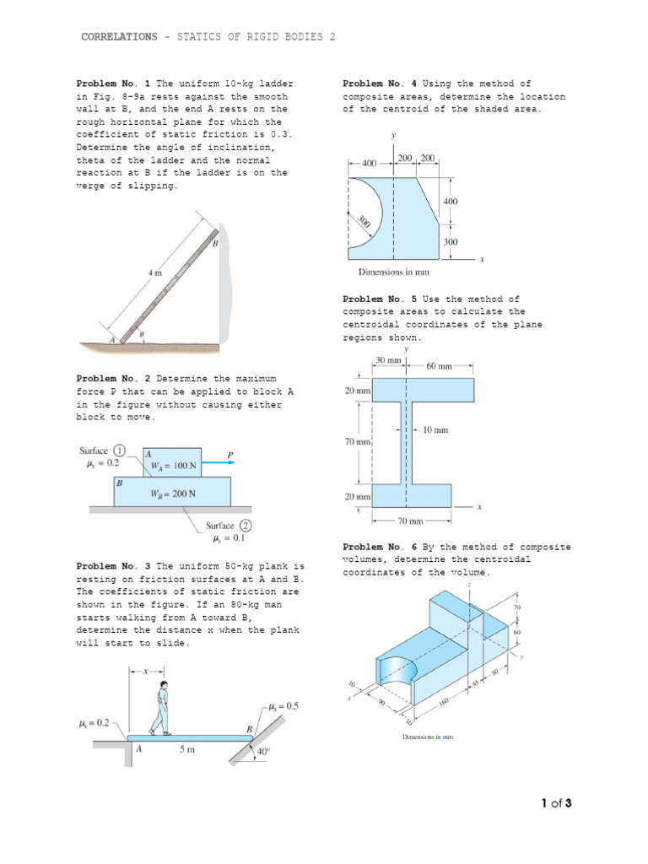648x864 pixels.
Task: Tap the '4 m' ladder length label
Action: (x=155, y=273)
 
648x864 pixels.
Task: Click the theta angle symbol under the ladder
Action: (x=142, y=334)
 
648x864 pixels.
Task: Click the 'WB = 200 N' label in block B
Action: (x=173, y=494)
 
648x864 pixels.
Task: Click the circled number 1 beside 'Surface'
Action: (x=120, y=451)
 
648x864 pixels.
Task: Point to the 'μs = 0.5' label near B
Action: (x=285, y=706)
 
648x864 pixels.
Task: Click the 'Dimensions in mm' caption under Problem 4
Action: (x=394, y=272)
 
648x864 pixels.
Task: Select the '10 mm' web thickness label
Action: (x=435, y=430)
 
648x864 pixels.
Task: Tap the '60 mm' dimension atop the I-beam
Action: (x=440, y=366)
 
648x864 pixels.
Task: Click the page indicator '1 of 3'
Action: (x=557, y=802)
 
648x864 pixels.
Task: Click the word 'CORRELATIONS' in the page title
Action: (x=118, y=37)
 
